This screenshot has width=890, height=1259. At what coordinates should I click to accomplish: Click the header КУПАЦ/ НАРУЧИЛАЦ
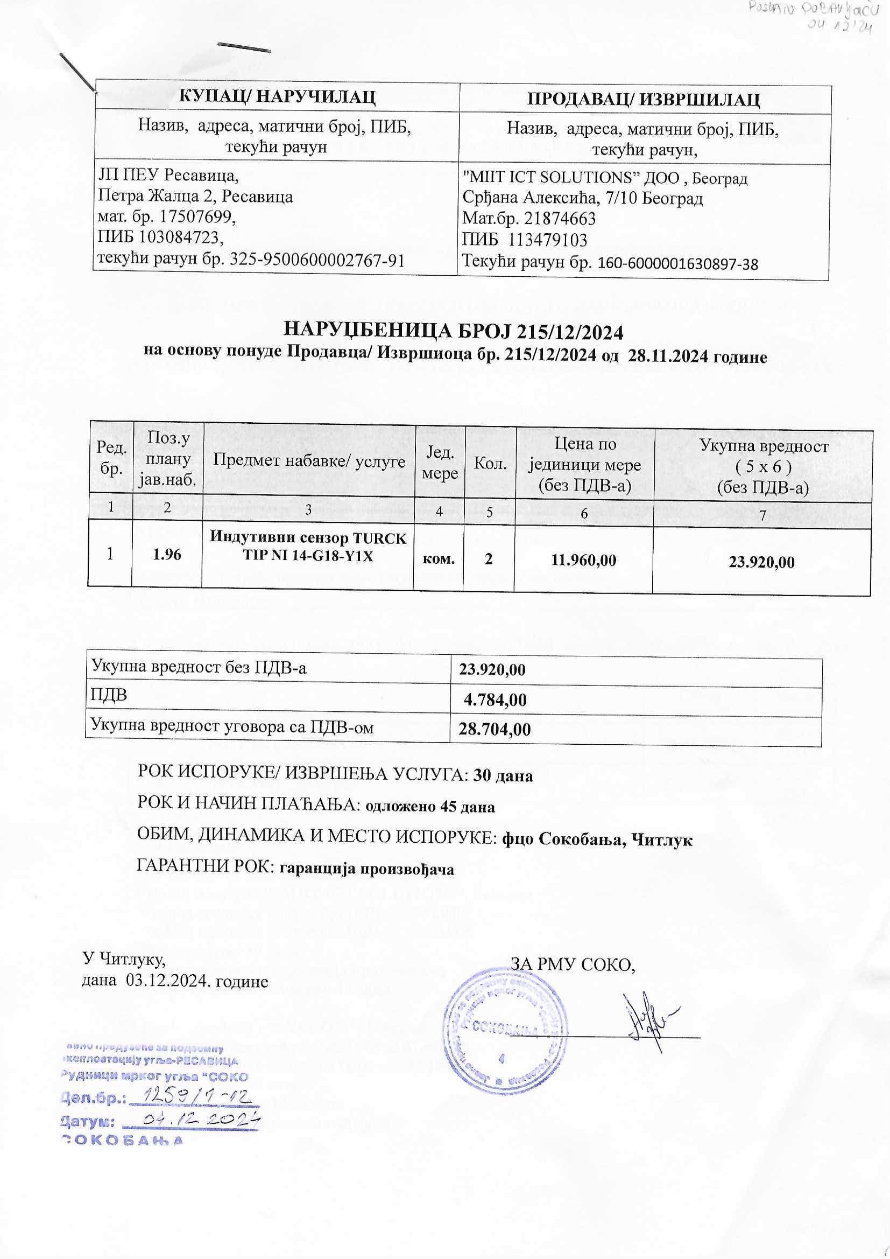(x=277, y=97)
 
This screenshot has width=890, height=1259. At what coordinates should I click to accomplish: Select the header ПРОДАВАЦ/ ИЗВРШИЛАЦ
(x=644, y=99)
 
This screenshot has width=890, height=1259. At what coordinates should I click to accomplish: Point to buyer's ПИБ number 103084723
(x=181, y=237)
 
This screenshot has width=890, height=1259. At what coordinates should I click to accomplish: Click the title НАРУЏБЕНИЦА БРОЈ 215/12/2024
(x=453, y=332)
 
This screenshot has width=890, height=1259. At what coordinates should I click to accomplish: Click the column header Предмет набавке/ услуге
(x=309, y=460)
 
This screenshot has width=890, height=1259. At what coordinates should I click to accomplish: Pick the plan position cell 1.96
(x=167, y=554)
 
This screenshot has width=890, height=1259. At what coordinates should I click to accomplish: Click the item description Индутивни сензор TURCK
(x=308, y=538)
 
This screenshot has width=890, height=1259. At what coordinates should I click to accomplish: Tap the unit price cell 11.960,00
(x=584, y=560)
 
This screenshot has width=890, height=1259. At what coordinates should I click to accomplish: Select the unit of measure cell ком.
(x=439, y=558)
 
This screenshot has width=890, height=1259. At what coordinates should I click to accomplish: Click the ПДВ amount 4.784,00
(x=495, y=700)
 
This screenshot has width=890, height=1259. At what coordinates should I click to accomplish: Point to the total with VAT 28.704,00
(x=495, y=729)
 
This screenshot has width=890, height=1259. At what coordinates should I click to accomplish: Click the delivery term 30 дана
(x=503, y=775)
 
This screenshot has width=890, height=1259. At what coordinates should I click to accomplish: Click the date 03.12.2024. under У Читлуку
(x=169, y=981)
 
